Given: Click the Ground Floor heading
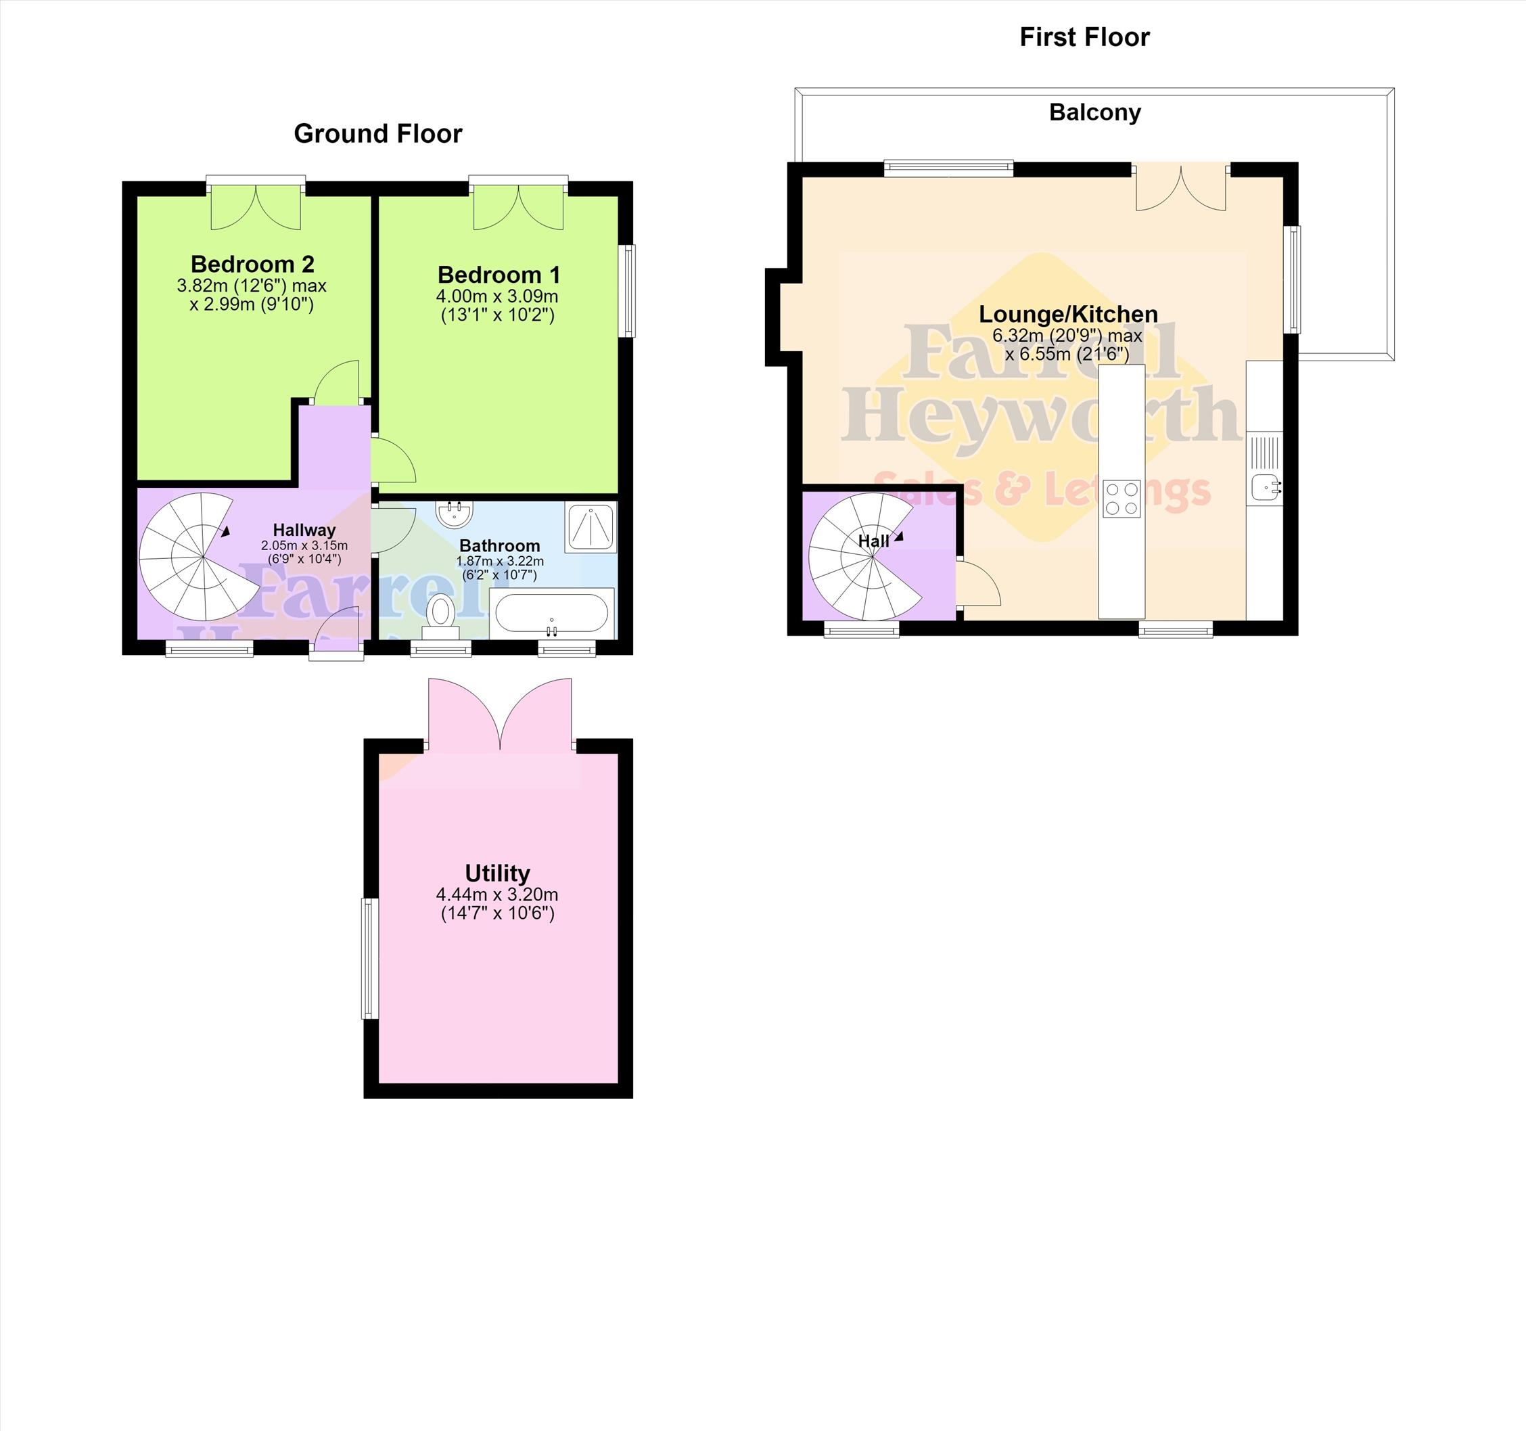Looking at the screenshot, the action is (x=377, y=133).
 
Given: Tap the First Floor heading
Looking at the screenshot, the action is (x=1084, y=37).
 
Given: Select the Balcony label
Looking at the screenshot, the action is (x=1094, y=112).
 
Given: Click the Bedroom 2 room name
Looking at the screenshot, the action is (x=252, y=264).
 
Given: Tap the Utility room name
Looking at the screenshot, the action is (x=497, y=873).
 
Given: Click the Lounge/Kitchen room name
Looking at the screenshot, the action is (x=1068, y=313).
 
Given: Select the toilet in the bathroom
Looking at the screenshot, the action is (x=440, y=616).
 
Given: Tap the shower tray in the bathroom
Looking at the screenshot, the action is (x=591, y=528).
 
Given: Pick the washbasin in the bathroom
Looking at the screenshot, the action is (x=455, y=513).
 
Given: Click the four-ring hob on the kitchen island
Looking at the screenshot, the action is (x=1122, y=498).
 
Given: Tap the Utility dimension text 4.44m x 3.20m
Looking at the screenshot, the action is (x=497, y=894).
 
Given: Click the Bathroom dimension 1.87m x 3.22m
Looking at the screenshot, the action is (x=500, y=561).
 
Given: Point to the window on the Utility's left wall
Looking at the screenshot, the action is (x=371, y=958).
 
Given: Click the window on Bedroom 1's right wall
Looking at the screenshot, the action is (x=627, y=291).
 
